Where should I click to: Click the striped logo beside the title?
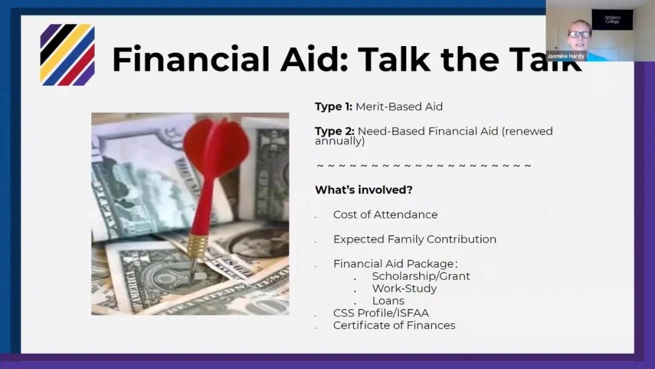[x=67, y=55]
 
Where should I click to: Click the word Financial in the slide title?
[x=190, y=59]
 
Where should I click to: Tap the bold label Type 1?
[x=334, y=107]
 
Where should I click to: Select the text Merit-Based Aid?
[x=399, y=107]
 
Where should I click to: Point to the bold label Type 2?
[x=334, y=131]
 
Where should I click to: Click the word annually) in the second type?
[x=340, y=141]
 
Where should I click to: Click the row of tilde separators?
[x=424, y=166]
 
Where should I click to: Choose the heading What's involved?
[x=363, y=190]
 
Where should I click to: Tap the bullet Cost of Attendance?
[x=385, y=214]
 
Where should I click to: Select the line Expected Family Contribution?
[x=414, y=239]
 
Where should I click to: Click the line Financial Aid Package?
[x=395, y=263]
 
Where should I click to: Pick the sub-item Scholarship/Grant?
[x=421, y=276]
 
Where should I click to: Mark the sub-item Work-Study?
[x=405, y=288]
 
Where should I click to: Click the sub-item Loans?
[x=388, y=300]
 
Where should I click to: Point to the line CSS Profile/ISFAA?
[x=380, y=313]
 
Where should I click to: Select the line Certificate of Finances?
[x=394, y=325]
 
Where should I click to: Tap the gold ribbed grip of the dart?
[x=197, y=246]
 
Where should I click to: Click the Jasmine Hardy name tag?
[x=566, y=56]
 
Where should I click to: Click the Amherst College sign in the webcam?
[x=612, y=19]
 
